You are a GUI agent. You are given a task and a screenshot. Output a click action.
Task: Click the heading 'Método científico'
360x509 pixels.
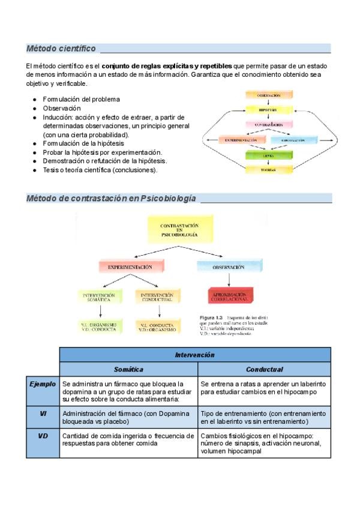click(61, 48)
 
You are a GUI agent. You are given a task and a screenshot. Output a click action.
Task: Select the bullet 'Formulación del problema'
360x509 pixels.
click(82, 99)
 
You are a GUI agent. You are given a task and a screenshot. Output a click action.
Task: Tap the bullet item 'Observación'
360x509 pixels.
click(62, 108)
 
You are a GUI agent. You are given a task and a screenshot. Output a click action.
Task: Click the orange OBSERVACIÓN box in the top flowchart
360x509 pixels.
click(268, 95)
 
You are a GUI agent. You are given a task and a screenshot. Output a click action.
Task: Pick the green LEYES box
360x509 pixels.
click(268, 155)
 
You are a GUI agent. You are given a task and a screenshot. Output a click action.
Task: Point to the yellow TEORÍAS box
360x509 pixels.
click(268, 169)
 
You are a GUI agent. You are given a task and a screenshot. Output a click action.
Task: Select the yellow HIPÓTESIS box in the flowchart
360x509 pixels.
click(268, 110)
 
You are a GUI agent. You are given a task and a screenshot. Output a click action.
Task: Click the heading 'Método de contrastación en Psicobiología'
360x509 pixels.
click(111, 198)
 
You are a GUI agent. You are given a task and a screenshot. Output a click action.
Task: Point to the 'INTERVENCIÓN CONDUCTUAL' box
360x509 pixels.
click(157, 297)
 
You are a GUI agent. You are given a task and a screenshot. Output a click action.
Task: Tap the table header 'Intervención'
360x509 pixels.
click(195, 355)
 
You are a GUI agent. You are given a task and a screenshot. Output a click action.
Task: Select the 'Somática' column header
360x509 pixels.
click(128, 369)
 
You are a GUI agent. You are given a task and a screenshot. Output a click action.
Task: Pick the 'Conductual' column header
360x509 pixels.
click(264, 369)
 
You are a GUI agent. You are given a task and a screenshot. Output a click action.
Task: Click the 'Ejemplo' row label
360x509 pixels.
click(43, 384)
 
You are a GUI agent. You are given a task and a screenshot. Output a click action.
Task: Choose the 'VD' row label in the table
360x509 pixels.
click(43, 436)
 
